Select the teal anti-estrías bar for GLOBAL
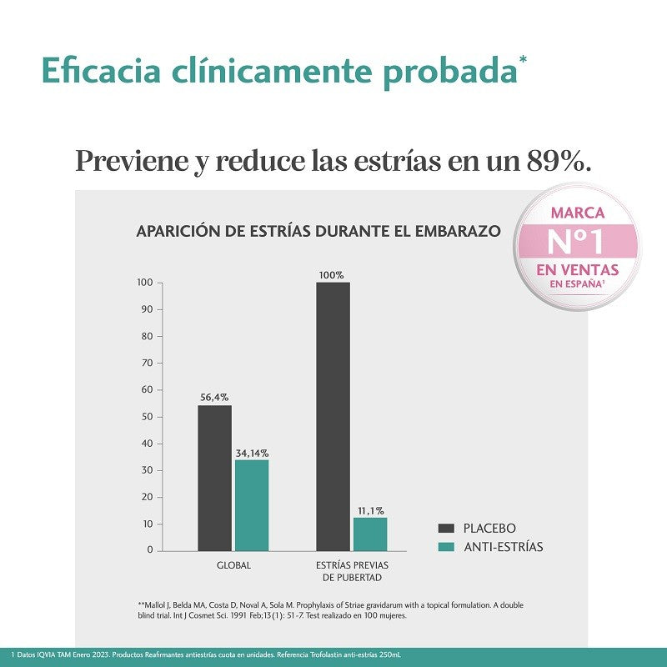251,505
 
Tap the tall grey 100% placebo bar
333,417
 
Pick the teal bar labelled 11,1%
369,534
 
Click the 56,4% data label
214,397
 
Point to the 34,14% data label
251,453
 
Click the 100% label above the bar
331,274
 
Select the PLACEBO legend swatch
446,529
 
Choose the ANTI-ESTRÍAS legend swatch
446,547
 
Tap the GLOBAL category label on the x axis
233,565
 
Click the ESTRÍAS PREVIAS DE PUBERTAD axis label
352,571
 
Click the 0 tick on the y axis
150,550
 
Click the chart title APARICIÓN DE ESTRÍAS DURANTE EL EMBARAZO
318,231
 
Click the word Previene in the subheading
131,160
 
